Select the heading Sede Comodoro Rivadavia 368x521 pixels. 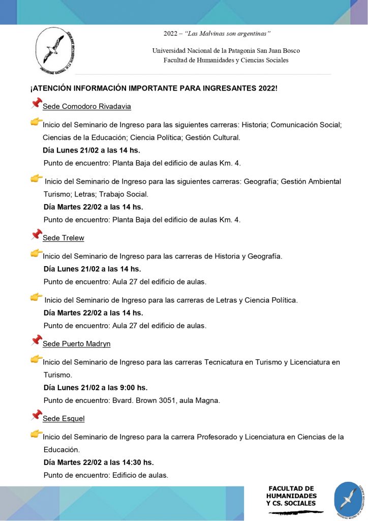coord(87,106)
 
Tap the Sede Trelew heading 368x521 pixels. coord(64,238)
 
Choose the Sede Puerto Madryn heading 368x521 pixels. coord(77,343)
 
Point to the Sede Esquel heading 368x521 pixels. coord(64,418)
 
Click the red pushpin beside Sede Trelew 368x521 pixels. coord(36,235)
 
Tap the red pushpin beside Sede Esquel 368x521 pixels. coord(36,416)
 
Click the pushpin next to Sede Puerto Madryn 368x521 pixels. coord(36,341)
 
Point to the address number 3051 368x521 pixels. coord(165,400)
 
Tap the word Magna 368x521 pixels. coord(208,400)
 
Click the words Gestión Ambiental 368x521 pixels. coord(311,182)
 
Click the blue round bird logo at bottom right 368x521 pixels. coord(348,499)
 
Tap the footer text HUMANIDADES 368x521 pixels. coord(291,496)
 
